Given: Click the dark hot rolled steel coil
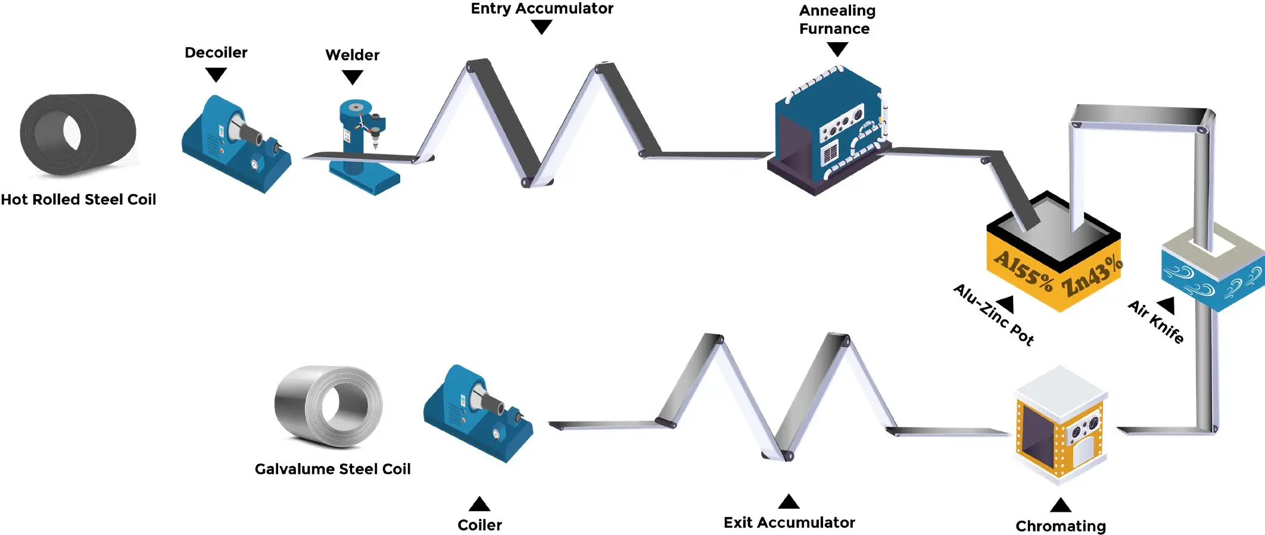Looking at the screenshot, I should coord(77,134).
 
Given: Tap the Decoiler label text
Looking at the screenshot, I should coord(216,52).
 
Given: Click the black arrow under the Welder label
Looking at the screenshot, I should coord(352,77).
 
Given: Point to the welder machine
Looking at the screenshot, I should coord(360,146).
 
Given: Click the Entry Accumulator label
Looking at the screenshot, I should coord(541,8).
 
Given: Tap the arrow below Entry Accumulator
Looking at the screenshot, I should coord(541,27).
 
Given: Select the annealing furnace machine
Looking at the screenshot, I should coord(828,131).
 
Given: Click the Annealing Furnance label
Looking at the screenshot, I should coord(836,20).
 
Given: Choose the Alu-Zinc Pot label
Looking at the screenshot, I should coord(993,315).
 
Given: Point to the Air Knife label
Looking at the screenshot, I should coord(1155,322).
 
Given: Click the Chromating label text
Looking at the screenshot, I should coord(1060,526).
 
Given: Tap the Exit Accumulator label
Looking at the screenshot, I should coord(789,523).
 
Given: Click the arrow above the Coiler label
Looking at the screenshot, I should coord(479,504).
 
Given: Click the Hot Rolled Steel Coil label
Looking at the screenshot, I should coord(78,199).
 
